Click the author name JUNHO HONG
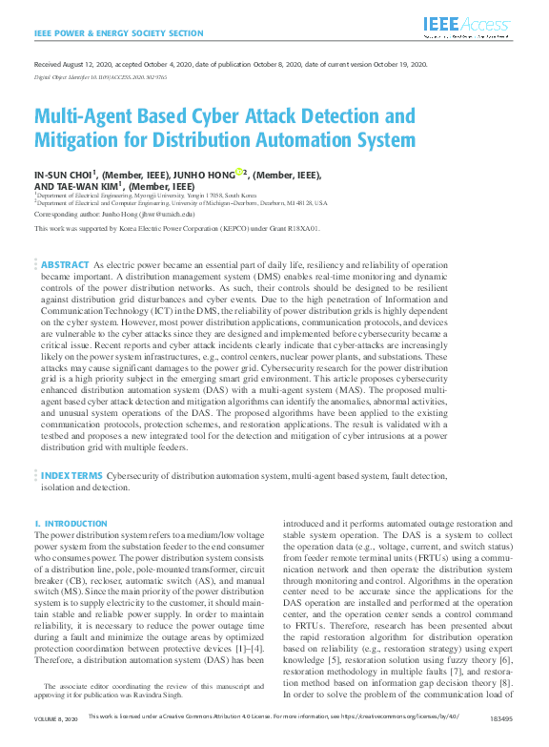click(x=206, y=175)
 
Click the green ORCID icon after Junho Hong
click(x=239, y=173)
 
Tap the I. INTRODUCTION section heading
click(x=71, y=524)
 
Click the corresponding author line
click(x=114, y=215)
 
